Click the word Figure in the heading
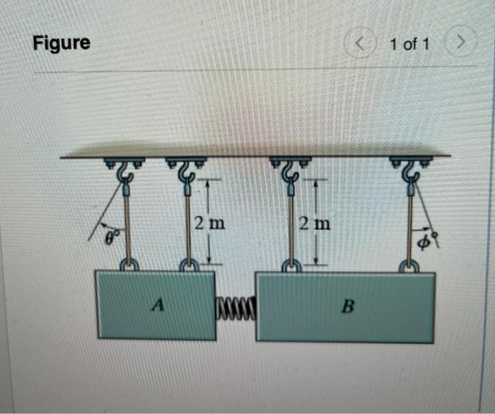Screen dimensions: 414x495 (62, 43)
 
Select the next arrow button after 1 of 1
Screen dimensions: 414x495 (462, 44)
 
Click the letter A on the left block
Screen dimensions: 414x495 (159, 305)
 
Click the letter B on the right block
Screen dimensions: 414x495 (347, 308)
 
